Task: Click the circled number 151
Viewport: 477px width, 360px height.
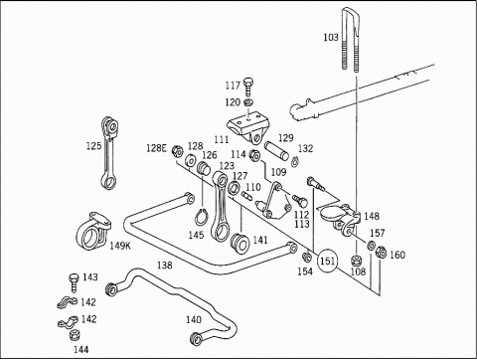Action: (x=327, y=261)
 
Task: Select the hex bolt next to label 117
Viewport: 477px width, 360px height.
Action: (x=248, y=87)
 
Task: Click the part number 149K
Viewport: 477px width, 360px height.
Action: (x=120, y=246)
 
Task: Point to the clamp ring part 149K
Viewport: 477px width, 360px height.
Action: (x=93, y=231)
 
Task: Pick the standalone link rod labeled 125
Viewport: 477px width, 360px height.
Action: (x=109, y=153)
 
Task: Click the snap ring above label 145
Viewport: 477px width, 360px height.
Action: (x=201, y=218)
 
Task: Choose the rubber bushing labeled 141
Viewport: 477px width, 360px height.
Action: (x=239, y=244)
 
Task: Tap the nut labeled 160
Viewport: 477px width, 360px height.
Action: (x=381, y=253)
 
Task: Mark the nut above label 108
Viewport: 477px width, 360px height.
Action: (x=356, y=261)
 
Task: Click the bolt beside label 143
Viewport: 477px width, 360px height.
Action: (x=74, y=282)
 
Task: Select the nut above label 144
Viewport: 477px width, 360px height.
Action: (x=76, y=335)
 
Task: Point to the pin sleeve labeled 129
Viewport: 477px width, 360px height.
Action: (x=276, y=151)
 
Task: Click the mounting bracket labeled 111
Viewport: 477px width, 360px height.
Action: (x=247, y=127)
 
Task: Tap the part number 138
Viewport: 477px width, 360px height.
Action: (x=165, y=266)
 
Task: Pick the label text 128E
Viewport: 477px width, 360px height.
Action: (x=156, y=148)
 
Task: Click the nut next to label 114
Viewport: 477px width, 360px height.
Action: (x=254, y=155)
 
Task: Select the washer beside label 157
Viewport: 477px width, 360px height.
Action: (x=371, y=246)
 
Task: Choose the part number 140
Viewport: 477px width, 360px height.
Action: (x=194, y=319)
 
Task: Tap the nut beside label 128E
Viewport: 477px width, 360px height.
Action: (x=178, y=151)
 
